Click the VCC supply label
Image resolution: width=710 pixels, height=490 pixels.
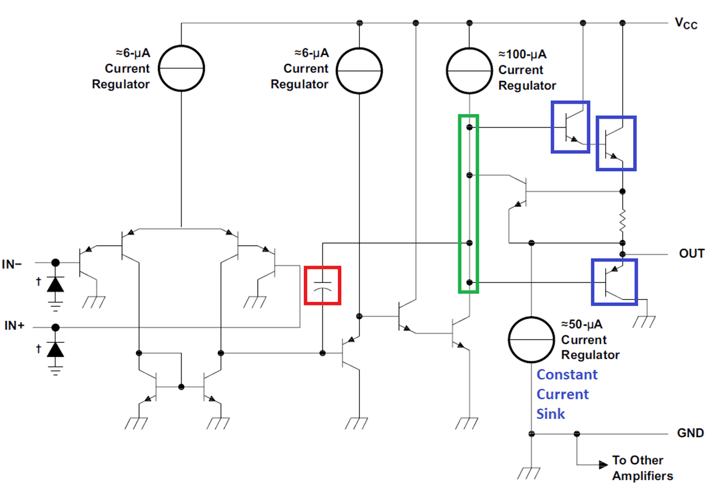pos(686,24)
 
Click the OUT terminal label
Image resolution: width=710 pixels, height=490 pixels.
pos(691,254)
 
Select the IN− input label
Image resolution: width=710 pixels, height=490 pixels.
pos(12,264)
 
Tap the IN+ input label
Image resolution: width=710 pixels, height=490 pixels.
pos(14,326)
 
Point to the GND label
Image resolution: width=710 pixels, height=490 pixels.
pos(690,433)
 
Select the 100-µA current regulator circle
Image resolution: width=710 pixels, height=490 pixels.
pos(469,70)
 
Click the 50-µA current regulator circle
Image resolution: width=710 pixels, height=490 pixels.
pos(531,340)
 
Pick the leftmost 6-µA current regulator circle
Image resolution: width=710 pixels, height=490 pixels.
pos(181,69)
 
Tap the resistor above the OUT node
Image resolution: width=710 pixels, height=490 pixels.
pos(622,220)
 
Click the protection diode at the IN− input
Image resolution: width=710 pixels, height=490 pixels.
pos(55,284)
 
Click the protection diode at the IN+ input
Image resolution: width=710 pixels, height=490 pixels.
pos(55,350)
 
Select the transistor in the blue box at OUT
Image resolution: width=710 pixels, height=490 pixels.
pos(613,282)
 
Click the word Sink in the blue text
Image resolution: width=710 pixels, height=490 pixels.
pos(550,414)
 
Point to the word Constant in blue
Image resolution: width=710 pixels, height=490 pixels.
pos(567,374)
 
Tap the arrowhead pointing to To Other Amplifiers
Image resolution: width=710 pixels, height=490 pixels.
pos(603,465)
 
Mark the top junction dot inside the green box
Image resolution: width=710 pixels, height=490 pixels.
pos(469,127)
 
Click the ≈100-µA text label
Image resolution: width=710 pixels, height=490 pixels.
pos(522,54)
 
